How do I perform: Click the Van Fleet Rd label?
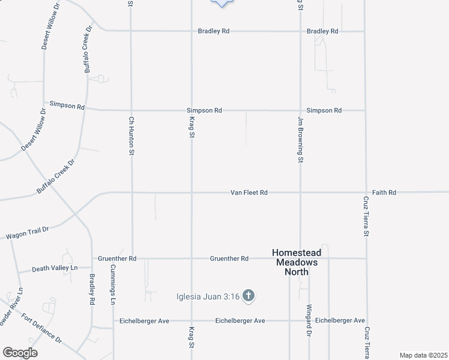tap(249, 193)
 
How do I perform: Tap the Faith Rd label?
tap(384, 193)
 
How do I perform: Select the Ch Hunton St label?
tap(131, 136)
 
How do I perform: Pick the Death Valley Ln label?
tap(55, 268)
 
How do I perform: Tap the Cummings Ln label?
tap(113, 286)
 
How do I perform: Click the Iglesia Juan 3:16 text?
tap(209, 296)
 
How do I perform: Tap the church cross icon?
tap(249, 296)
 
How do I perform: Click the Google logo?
tap(20, 353)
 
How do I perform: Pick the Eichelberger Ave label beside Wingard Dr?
tap(340, 320)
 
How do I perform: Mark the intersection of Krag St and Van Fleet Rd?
tap(191, 193)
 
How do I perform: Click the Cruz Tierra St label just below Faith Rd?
tap(365, 216)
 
